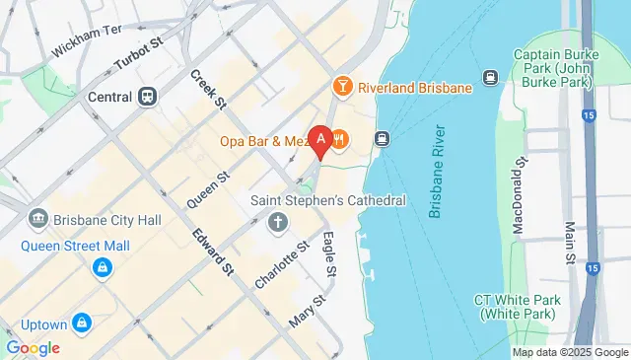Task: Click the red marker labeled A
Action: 319,140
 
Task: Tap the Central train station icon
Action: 148,97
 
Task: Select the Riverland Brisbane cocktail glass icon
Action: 343,87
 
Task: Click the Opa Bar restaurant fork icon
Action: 339,140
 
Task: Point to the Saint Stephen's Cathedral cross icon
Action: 277,222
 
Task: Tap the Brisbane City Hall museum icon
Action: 38,217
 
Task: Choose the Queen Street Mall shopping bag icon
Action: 102,267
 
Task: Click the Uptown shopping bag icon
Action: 83,323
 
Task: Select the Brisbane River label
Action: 439,171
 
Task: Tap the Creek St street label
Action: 208,90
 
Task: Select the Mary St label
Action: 307,312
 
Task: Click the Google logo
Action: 33,348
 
